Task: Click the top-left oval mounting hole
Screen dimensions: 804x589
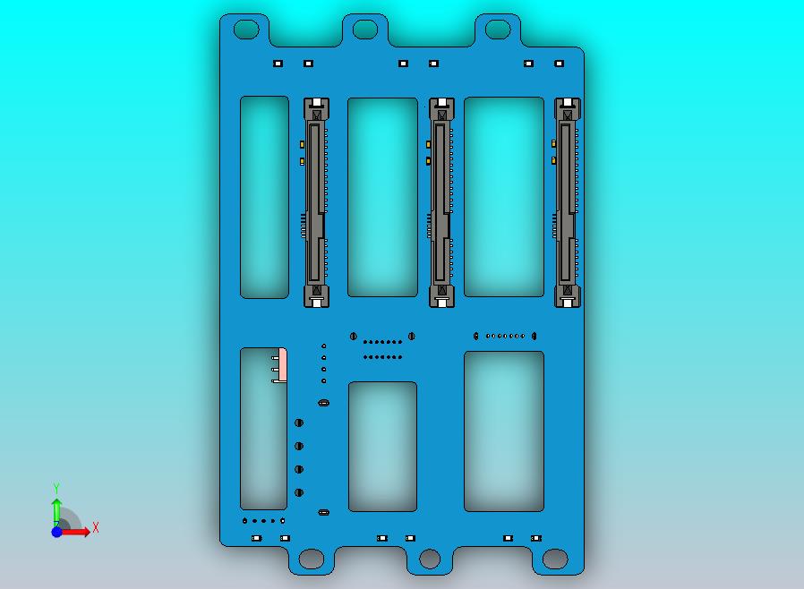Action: tap(246, 30)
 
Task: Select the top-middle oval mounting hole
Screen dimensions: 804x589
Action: tap(365, 30)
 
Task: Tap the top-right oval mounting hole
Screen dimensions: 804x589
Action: tap(498, 30)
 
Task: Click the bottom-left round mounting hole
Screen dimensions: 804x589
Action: tap(312, 559)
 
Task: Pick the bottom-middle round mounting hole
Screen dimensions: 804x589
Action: tap(430, 559)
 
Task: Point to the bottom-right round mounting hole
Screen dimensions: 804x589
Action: tap(555, 559)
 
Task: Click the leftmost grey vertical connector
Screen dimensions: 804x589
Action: tap(316, 202)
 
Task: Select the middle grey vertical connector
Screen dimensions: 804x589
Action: tap(441, 202)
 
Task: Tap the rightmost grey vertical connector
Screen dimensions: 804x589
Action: tap(567, 202)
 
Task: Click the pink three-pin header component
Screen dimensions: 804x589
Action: tap(281, 365)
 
